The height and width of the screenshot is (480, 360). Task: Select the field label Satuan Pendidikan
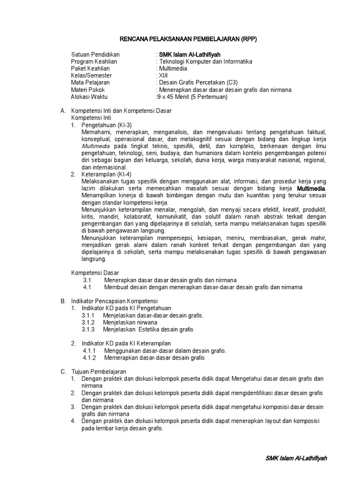tap(95, 54)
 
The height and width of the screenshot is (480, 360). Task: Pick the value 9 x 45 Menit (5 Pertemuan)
tap(193, 97)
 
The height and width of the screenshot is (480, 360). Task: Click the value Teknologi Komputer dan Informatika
tap(205, 61)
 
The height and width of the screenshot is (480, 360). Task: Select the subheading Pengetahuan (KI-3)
tap(106, 125)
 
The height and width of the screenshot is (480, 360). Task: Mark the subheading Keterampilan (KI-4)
tap(106, 174)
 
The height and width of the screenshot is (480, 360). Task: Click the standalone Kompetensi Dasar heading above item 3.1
tap(95, 272)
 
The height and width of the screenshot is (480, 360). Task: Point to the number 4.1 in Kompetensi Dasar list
tap(87, 287)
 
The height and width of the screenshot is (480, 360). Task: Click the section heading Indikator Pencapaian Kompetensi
tap(114, 300)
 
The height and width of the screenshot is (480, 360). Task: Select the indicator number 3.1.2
tap(88, 322)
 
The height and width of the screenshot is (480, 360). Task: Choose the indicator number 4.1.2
tap(89, 358)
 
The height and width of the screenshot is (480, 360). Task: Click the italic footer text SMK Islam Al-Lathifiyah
tap(296, 458)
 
